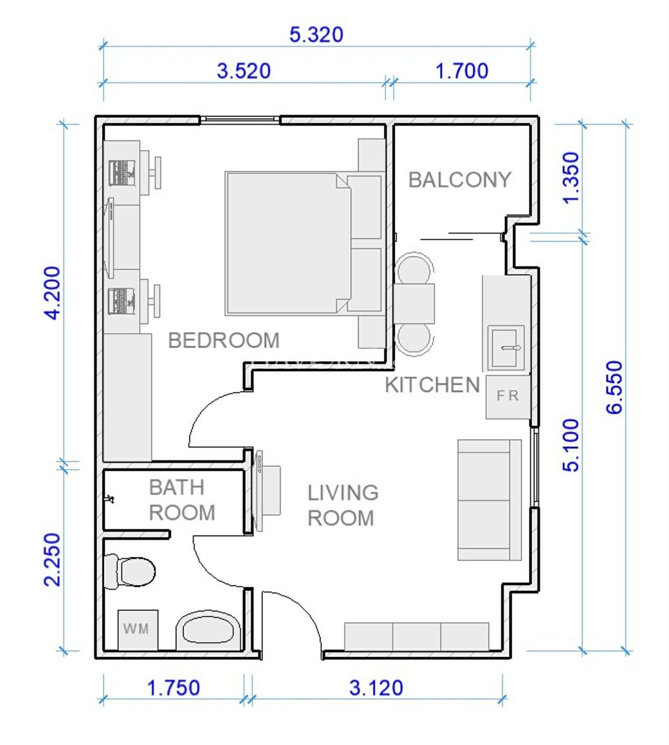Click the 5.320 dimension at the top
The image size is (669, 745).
click(316, 35)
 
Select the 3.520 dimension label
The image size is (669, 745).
click(244, 71)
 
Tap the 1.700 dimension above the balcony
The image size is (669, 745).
click(462, 71)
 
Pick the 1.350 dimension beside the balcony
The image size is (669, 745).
click(571, 178)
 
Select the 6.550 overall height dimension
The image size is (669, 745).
click(614, 387)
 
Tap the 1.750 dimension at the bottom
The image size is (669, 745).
click(173, 688)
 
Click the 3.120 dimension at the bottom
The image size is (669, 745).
click(376, 688)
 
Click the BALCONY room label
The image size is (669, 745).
click(460, 180)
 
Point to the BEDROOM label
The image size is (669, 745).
click(224, 340)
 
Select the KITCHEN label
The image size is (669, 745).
click(432, 385)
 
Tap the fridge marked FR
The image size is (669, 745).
click(508, 397)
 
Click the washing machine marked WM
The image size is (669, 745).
click(138, 630)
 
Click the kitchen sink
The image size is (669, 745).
click(506, 348)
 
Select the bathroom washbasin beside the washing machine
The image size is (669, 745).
click(208, 631)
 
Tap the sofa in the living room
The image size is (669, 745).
click(490, 500)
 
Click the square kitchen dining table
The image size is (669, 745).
click(414, 304)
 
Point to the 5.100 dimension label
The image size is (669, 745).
click(571, 445)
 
